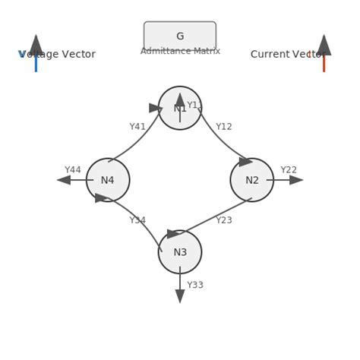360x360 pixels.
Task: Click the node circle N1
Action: tap(180, 109)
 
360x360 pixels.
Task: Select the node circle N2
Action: tap(252, 180)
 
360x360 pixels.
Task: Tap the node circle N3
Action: tap(180, 252)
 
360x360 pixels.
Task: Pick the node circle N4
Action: tap(108, 180)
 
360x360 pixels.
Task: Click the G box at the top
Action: tap(180, 36)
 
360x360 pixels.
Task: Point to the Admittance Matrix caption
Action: tap(180, 51)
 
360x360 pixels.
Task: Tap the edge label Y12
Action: tap(224, 127)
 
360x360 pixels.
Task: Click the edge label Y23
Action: tap(224, 220)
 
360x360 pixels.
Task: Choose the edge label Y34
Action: tap(137, 220)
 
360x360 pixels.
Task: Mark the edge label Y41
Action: tap(137, 127)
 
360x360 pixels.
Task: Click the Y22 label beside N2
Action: tap(289, 170)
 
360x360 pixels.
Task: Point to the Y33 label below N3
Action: tap(195, 286)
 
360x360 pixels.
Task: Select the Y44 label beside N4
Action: tap(73, 170)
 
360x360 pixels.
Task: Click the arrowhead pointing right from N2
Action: tap(296, 180)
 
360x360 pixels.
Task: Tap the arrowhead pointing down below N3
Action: tap(180, 296)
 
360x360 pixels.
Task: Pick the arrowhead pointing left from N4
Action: tap(64, 180)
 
